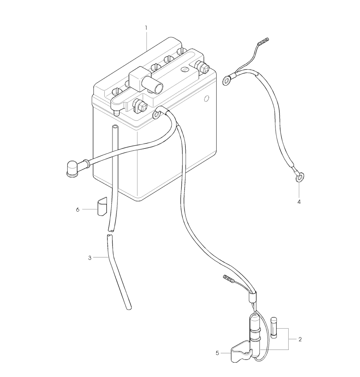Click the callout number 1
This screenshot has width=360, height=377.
[x=146, y=28]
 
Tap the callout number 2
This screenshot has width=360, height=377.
[x=300, y=340]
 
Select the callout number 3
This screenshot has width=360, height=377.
[x=90, y=258]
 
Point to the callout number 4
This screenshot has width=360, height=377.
[x=299, y=202]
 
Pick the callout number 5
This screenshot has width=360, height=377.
[x=217, y=353]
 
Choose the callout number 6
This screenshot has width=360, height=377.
[x=77, y=210]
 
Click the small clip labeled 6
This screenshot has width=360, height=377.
[x=102, y=207]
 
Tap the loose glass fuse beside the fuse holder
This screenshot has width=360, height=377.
[x=274, y=328]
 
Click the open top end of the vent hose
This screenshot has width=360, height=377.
[x=115, y=127]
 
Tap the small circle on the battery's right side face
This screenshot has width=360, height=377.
[x=206, y=98]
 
